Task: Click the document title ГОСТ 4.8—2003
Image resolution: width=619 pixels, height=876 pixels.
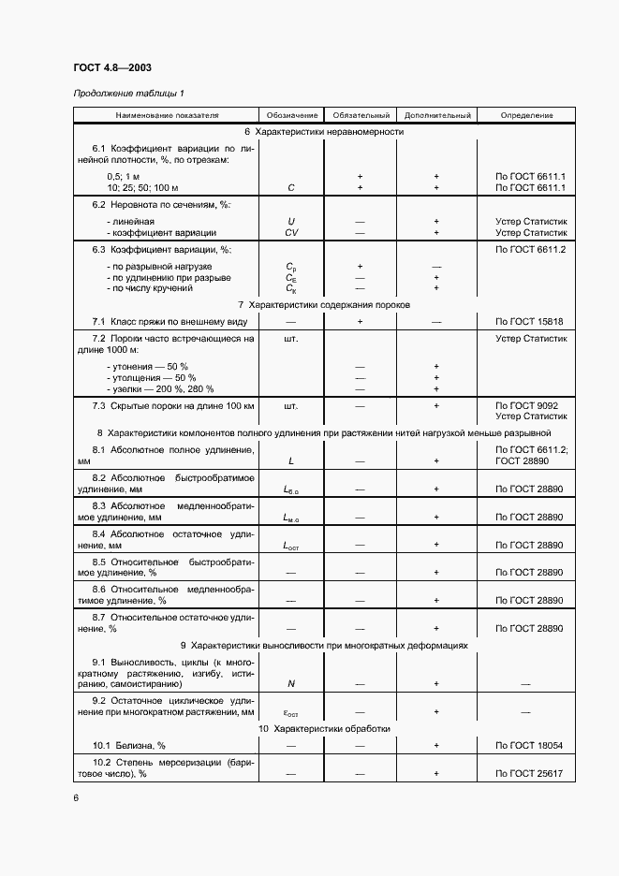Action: click(x=112, y=68)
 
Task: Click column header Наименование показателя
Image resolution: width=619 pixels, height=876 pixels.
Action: click(x=167, y=115)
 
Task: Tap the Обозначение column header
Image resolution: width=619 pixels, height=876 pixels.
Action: click(x=287, y=115)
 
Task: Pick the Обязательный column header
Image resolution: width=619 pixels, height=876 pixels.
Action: click(x=360, y=115)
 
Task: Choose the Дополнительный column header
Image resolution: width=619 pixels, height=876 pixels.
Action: click(x=435, y=115)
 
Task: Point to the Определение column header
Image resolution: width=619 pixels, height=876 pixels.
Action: click(x=526, y=115)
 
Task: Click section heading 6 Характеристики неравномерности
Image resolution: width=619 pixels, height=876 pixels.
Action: click(x=324, y=132)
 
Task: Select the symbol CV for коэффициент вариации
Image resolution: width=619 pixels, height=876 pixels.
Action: click(x=291, y=232)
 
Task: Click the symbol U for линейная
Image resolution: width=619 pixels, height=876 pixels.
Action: click(x=291, y=221)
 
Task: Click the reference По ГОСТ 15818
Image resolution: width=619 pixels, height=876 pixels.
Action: click(x=531, y=321)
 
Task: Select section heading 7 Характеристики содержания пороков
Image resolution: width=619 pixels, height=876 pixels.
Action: click(x=324, y=305)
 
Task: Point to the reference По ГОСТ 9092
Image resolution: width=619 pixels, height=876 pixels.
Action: click(x=531, y=405)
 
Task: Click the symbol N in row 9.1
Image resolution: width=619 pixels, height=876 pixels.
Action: click(x=291, y=684)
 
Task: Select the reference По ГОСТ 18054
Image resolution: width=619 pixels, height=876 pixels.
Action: click(x=531, y=745)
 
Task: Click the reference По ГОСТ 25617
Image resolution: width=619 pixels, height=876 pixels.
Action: click(x=531, y=774)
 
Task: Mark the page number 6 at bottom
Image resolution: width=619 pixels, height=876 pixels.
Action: click(x=76, y=797)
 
